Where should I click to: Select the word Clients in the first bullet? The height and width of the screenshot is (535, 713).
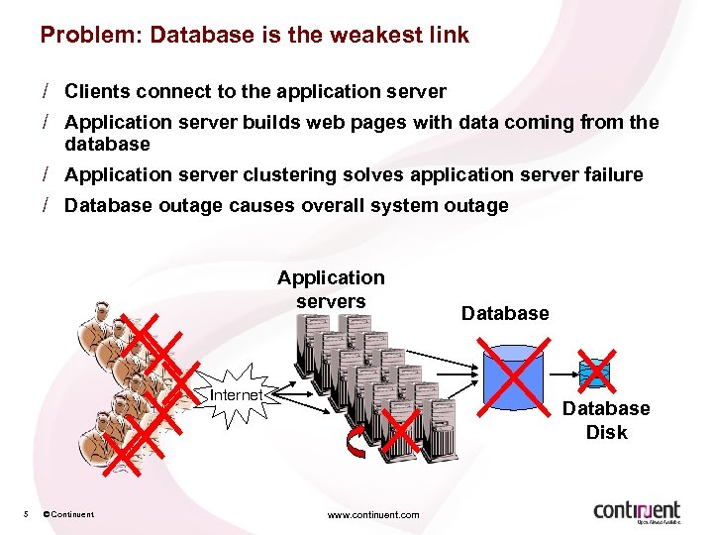97,92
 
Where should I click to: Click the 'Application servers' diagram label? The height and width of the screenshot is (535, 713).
331,289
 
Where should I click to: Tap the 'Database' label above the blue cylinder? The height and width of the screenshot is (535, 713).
504,313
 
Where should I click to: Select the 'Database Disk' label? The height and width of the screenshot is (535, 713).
606,420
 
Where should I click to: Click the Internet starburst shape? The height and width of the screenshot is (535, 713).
236,395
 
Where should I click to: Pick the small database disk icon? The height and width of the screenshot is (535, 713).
595,372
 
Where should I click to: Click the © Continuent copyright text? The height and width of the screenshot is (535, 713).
68,514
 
